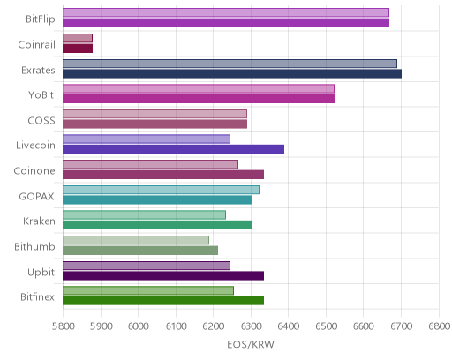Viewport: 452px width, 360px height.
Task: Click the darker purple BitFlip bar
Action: [226, 23]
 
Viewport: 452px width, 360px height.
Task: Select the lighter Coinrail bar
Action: [78, 38]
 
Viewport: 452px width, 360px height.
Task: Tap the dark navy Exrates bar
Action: [232, 73]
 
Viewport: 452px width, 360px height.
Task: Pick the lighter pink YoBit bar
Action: [199, 88]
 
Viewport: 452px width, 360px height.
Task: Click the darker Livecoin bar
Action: [173, 149]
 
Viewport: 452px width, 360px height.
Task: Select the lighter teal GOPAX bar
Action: [161, 190]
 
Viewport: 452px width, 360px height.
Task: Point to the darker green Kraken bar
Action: [157, 225]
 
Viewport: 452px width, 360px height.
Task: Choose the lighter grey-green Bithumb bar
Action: [136, 240]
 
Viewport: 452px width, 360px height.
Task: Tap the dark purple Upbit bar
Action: [163, 276]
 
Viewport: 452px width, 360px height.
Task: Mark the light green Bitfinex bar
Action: [148, 290]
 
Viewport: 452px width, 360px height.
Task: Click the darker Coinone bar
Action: [163, 175]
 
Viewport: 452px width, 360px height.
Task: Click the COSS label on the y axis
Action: [41, 121]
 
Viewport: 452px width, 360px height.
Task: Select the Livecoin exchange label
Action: [35, 146]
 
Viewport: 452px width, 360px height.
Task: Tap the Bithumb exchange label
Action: [34, 246]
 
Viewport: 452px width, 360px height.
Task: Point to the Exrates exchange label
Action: [38, 71]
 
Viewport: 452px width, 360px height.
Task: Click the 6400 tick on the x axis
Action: [289, 326]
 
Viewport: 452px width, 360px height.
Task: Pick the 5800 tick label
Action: [64, 326]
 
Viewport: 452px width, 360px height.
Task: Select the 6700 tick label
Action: [401, 326]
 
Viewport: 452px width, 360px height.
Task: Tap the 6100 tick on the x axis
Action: [176, 326]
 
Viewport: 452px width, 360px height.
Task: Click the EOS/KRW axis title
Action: [251, 344]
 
